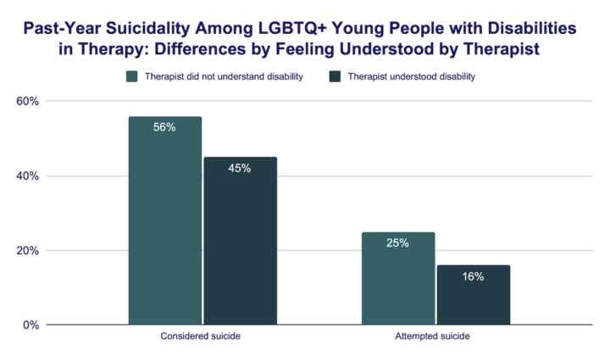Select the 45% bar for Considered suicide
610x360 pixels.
click(x=239, y=241)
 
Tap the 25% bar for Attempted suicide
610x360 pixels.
click(x=398, y=279)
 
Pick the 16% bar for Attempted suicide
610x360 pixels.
click(x=473, y=296)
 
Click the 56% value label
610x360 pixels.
click(x=165, y=128)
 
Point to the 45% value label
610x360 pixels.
click(x=239, y=168)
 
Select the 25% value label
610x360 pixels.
click(x=398, y=243)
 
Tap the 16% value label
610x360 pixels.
click(x=473, y=277)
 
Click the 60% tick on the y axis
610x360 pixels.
click(x=29, y=102)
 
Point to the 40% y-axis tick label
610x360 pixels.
click(x=29, y=176)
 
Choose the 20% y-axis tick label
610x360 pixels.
click(x=29, y=251)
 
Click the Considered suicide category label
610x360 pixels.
click(x=201, y=337)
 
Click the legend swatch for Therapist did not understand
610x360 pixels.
click(x=132, y=77)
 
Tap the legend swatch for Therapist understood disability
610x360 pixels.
click(x=335, y=77)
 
